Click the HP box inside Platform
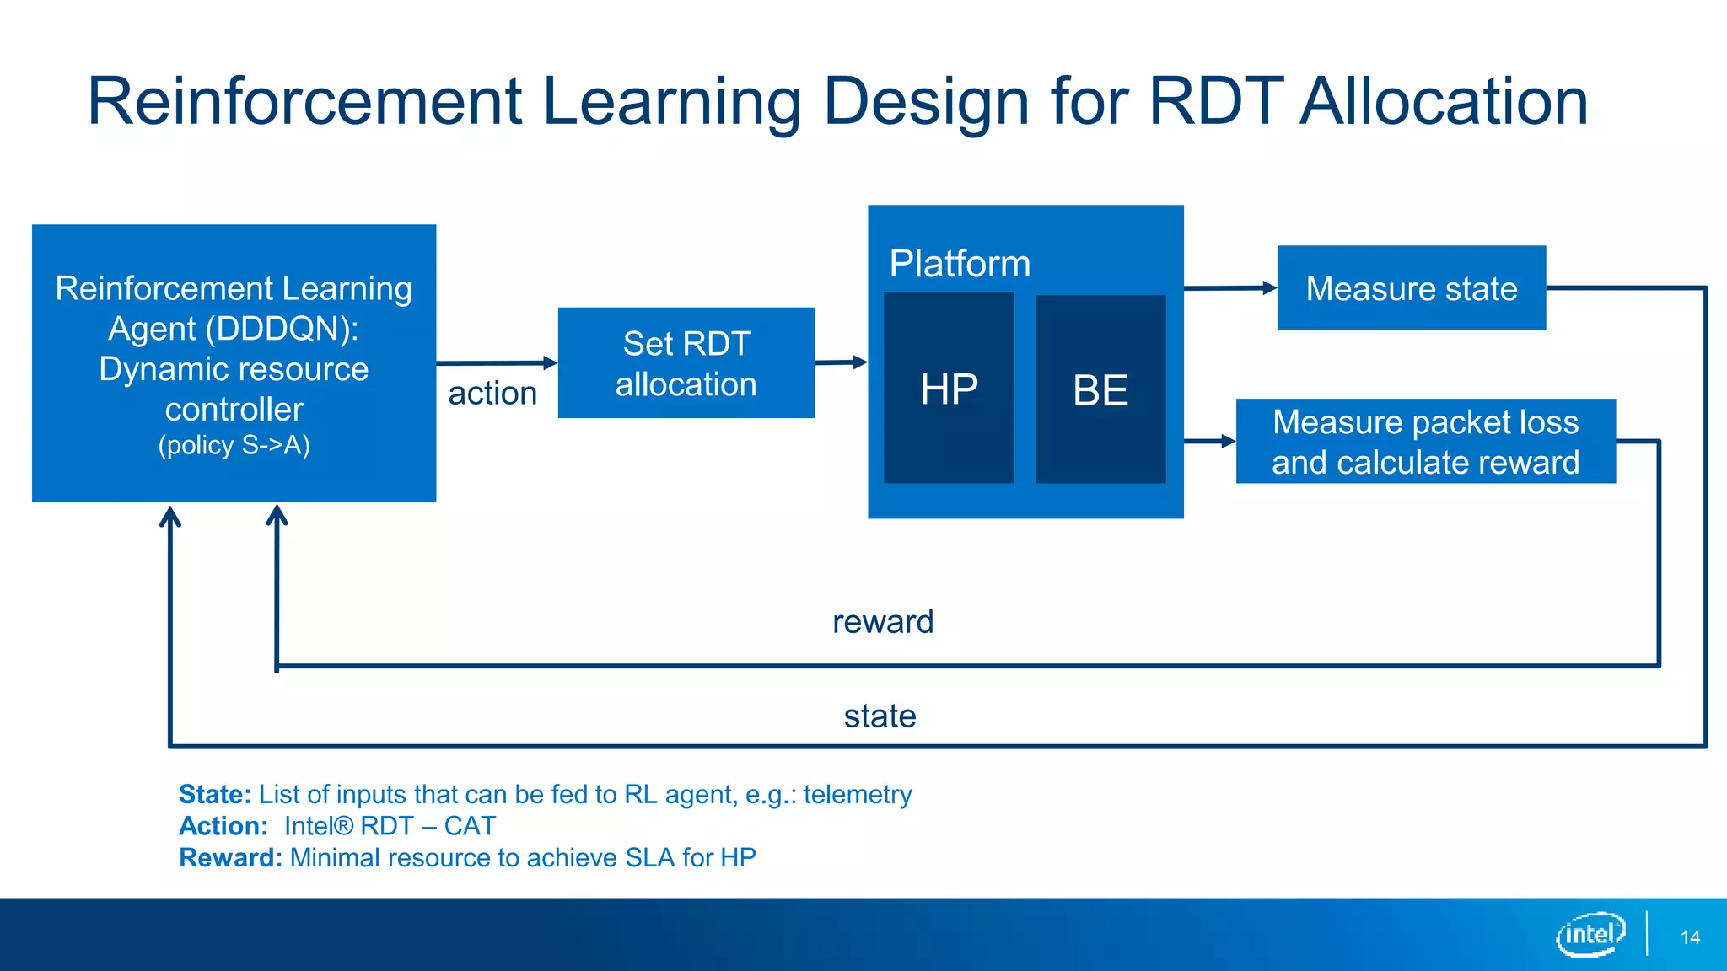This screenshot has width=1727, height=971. [x=949, y=389]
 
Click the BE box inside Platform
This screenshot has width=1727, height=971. [x=1100, y=389]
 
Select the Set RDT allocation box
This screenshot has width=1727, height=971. [x=686, y=363]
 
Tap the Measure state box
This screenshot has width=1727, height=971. [x=1411, y=288]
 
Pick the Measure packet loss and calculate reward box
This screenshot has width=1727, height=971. [x=1425, y=442]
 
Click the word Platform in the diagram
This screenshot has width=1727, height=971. [x=960, y=264]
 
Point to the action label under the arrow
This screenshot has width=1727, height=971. [x=492, y=394]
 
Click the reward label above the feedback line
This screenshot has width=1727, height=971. [x=883, y=622]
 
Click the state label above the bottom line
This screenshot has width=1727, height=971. [x=880, y=716]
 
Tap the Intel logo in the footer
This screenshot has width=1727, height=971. [x=1590, y=934]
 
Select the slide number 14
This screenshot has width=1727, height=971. [x=1690, y=937]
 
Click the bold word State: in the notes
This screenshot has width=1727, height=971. [x=215, y=794]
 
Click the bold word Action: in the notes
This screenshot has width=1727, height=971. [x=223, y=826]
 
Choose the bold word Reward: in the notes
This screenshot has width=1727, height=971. [x=230, y=858]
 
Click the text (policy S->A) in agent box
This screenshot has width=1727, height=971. [x=234, y=445]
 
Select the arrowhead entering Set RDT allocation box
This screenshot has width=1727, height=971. [x=550, y=362]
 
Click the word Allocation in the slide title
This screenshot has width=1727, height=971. [x=1444, y=102]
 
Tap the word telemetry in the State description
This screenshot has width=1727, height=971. [x=858, y=794]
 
